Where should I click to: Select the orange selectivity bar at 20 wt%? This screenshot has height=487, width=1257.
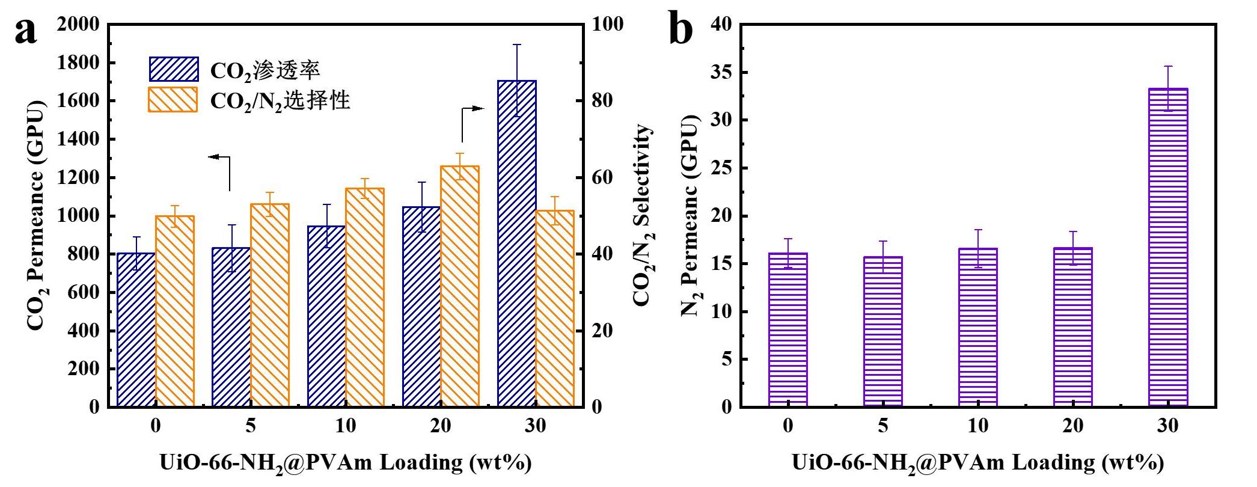click(460, 286)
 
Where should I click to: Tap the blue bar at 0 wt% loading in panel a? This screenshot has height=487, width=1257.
click(136, 329)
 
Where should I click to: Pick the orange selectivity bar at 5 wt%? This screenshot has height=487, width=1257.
click(270, 305)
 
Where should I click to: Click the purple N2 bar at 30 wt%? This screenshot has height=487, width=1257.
click(1168, 248)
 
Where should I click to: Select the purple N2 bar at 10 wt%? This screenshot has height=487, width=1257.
click(978, 328)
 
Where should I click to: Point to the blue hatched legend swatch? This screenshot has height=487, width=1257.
click(174, 69)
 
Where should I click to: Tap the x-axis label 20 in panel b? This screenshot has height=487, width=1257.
click(1072, 426)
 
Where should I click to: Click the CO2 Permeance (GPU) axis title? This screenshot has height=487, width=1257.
click(36, 215)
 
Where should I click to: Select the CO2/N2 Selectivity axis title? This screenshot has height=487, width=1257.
click(642, 215)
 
